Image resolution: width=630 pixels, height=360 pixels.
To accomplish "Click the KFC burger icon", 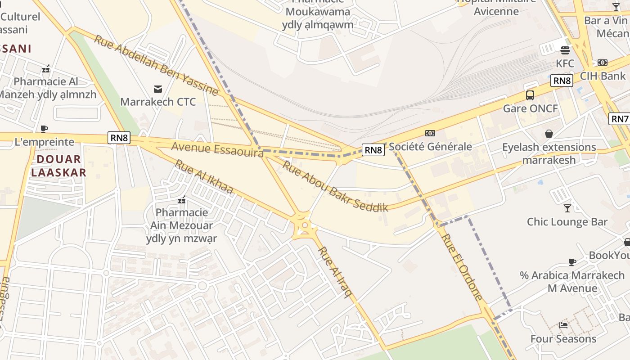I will click(x=565, y=50).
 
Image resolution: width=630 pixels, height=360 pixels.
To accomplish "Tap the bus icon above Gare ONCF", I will click(x=530, y=95).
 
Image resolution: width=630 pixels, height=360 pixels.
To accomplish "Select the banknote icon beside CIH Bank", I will click(x=603, y=63).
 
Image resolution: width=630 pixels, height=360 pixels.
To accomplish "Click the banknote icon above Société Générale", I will click(x=430, y=133).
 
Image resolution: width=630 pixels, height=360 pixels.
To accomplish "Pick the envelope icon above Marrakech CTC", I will click(x=158, y=89).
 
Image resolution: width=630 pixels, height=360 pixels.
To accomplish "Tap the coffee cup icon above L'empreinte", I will click(x=44, y=129).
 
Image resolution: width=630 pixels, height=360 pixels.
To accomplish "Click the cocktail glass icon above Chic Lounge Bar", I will click(x=567, y=208).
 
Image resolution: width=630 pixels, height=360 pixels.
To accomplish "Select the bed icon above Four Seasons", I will click(x=563, y=325).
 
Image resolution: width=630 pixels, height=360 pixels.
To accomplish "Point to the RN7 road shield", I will click(x=619, y=119).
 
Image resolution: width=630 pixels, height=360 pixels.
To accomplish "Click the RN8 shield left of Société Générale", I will click(x=373, y=150).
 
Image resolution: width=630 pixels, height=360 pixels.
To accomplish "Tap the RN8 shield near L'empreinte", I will click(x=119, y=138).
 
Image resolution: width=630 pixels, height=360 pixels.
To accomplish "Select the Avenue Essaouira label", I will click(x=217, y=149).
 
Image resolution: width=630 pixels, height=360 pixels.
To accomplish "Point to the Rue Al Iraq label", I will click(x=335, y=272).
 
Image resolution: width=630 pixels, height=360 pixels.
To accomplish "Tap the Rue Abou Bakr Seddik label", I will click(x=335, y=187).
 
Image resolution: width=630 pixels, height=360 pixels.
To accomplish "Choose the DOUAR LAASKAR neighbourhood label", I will click(x=59, y=166).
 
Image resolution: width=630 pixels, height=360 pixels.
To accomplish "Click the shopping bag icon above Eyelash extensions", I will click(x=549, y=133).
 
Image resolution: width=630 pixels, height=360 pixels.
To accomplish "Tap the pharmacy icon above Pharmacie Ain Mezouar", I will click(x=182, y=199).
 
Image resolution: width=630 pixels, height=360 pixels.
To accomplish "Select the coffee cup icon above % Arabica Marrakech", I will click(x=572, y=261).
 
